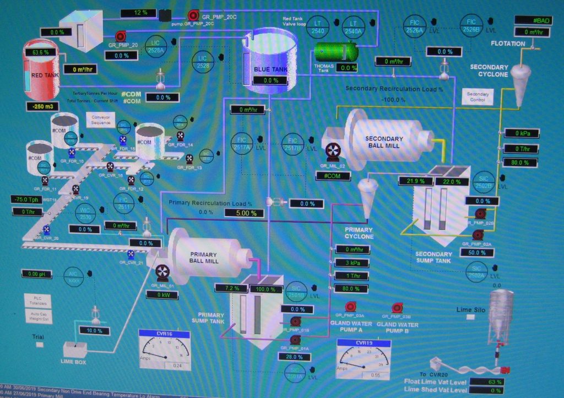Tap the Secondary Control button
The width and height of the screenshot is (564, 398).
pos(478,97)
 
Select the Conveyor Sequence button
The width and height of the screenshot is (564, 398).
pos(101,120)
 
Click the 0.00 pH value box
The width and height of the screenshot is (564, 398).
pos(37,274)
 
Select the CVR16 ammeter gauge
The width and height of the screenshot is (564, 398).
pos(165,351)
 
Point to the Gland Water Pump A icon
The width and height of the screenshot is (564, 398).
pos(350,307)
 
